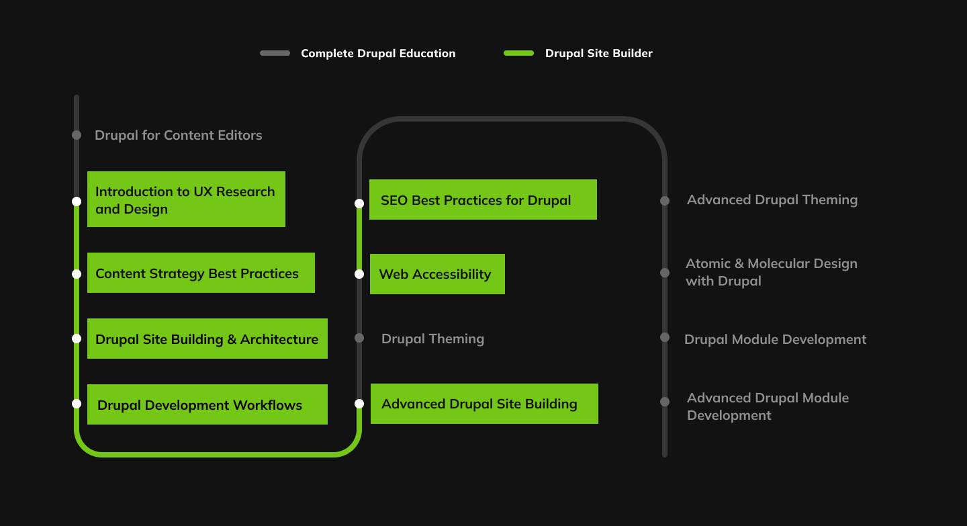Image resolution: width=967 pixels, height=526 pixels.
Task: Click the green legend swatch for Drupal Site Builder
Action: pyautogui.click(x=518, y=53)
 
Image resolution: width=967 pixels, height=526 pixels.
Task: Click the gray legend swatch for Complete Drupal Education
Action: pyautogui.click(x=275, y=53)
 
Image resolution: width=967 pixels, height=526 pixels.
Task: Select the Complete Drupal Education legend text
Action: pyautogui.click(x=378, y=54)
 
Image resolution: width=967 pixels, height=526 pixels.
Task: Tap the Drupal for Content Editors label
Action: pyautogui.click(x=178, y=135)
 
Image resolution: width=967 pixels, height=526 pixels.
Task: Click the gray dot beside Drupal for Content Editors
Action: pyautogui.click(x=77, y=135)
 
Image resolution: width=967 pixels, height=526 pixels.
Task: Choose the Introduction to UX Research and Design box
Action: pyautogui.click(x=186, y=200)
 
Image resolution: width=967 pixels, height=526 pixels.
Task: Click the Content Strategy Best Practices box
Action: pyautogui.click(x=201, y=273)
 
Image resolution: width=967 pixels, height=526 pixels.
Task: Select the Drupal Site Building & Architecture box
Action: pyautogui.click(x=207, y=339)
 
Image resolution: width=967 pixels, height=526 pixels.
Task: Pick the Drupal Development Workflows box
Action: pyautogui.click(x=207, y=404)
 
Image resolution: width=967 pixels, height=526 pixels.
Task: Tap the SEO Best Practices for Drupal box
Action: pyautogui.click(x=483, y=200)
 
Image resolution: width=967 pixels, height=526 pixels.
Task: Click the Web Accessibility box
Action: pyautogui.click(x=437, y=274)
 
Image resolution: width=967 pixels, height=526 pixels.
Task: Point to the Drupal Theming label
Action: pyautogui.click(x=432, y=339)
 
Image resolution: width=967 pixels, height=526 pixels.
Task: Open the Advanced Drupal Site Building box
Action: pyautogui.click(x=484, y=404)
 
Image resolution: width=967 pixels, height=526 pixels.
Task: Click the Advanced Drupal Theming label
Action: pyautogui.click(x=772, y=200)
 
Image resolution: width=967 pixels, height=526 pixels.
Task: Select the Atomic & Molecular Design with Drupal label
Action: pyautogui.click(x=771, y=272)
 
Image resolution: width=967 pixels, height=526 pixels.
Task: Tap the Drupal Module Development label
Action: pyautogui.click(x=775, y=339)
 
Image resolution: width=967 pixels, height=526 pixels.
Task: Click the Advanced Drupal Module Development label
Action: pyautogui.click(x=768, y=406)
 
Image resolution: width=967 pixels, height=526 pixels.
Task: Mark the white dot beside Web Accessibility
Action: pyautogui.click(x=359, y=274)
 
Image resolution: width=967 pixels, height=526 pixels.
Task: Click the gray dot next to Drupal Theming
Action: pyautogui.click(x=359, y=338)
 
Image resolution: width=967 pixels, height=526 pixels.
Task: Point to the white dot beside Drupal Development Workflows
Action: pyautogui.click(x=77, y=404)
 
